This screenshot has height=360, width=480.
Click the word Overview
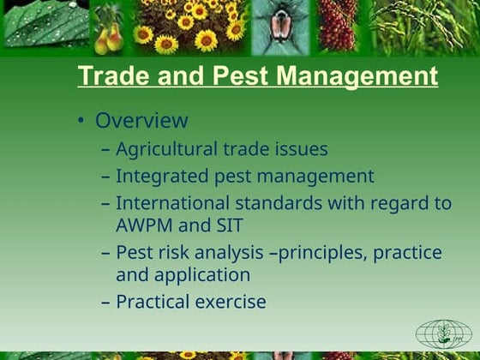point(141,121)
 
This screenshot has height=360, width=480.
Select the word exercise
point(230,303)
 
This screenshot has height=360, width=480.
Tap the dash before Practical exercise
point(105,303)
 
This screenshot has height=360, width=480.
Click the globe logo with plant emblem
point(443,333)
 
